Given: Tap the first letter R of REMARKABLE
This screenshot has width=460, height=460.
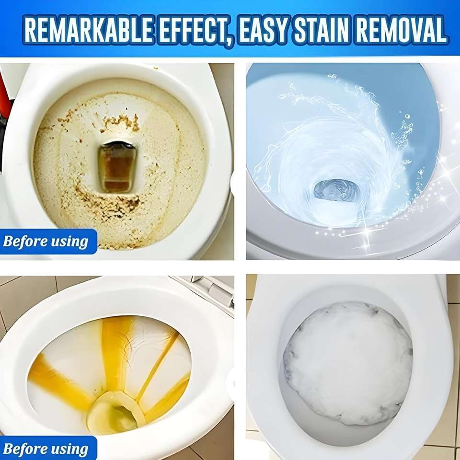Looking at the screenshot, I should pyautogui.click(x=30, y=30).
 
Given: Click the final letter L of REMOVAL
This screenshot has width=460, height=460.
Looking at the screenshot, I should pyautogui.click(x=440, y=30).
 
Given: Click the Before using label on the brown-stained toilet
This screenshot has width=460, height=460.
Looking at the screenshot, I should pyautogui.click(x=46, y=241).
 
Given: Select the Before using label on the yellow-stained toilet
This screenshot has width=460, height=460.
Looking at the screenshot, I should pyautogui.click(x=46, y=449).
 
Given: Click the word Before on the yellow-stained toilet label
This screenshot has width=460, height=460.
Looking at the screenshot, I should pyautogui.click(x=24, y=449).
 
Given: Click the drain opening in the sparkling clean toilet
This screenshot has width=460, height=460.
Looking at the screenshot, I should pyautogui.click(x=336, y=190).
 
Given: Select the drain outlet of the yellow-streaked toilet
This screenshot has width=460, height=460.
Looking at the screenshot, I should pyautogui.click(x=115, y=412).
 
